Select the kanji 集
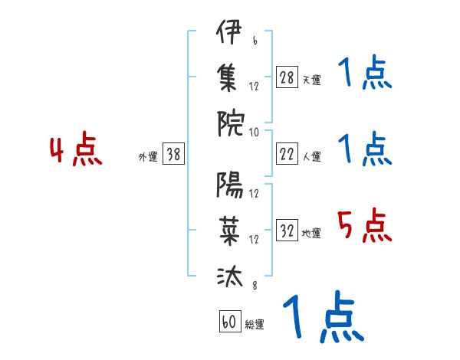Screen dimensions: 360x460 click(229, 78)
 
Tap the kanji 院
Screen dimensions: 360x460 click(229, 123)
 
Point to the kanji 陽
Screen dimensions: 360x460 click(229, 185)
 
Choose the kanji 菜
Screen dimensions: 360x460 click(229, 231)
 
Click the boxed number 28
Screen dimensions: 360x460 click(287, 77)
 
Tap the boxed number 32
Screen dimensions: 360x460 click(287, 231)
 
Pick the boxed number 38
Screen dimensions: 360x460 click(174, 155)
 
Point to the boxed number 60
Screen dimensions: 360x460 click(228, 322)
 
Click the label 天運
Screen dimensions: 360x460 click(311, 80)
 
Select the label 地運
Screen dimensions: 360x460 click(311, 234)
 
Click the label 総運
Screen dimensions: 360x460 click(255, 324)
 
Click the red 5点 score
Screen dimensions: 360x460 click(365, 226)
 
